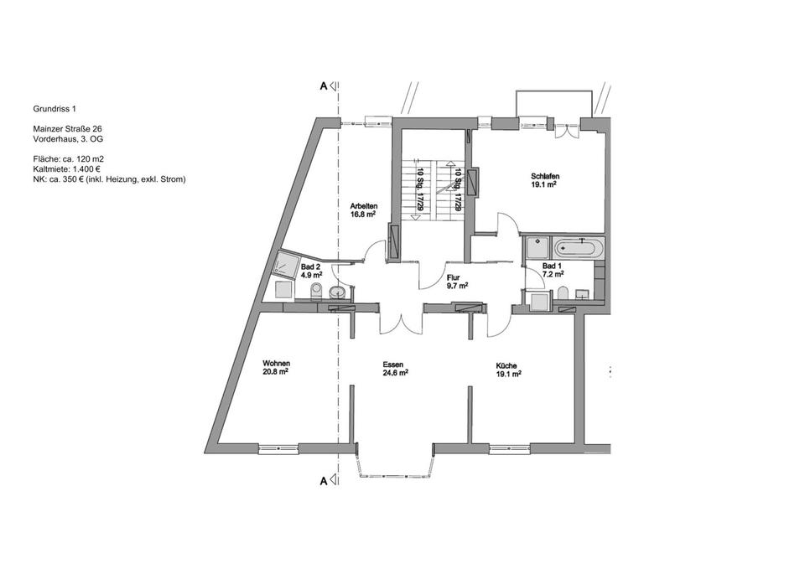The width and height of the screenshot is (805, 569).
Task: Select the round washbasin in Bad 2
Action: click(337, 292)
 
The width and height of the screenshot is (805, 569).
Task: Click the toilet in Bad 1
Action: click(563, 292)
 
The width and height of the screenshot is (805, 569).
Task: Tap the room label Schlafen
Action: click(544, 176)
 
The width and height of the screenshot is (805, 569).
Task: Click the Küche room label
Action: click(506, 365)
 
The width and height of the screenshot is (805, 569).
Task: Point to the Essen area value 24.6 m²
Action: click(395, 374)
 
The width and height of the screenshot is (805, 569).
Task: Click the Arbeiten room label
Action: click(362, 205)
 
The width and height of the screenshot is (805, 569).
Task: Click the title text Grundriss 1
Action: click(55, 109)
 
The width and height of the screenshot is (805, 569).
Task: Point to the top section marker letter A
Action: click(323, 85)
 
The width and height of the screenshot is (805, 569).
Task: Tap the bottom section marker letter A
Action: click(323, 481)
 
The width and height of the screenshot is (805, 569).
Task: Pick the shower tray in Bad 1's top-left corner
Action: click(537, 247)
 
